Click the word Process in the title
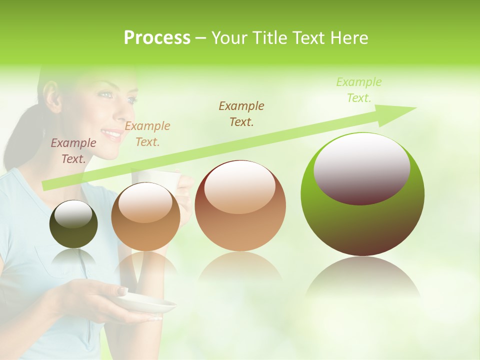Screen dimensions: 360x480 (157, 38)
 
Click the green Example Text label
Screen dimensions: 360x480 (359, 90)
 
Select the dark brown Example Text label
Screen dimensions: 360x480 (241, 113)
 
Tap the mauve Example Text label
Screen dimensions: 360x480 (73, 150)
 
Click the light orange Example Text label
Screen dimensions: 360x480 (147, 133)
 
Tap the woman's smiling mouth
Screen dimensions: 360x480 (111, 134)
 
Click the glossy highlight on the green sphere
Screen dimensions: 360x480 (361, 167)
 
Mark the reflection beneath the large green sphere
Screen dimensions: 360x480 (362, 280)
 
